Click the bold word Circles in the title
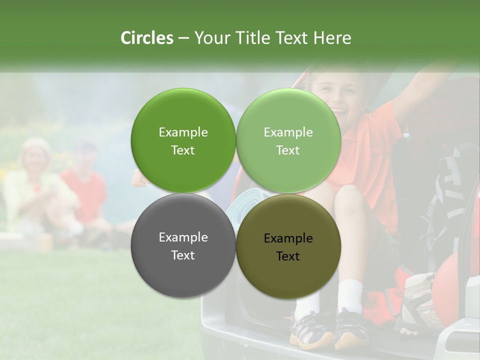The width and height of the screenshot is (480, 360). [x=147, y=38]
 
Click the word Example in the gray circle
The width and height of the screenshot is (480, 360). [x=183, y=237]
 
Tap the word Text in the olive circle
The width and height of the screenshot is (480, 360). [x=288, y=256]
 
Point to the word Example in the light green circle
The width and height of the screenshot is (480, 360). [x=288, y=132]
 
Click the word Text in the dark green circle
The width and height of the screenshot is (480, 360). [x=183, y=150]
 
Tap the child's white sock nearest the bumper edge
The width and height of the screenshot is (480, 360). [x=349, y=295]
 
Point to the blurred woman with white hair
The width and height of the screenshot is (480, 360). [x=36, y=160]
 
